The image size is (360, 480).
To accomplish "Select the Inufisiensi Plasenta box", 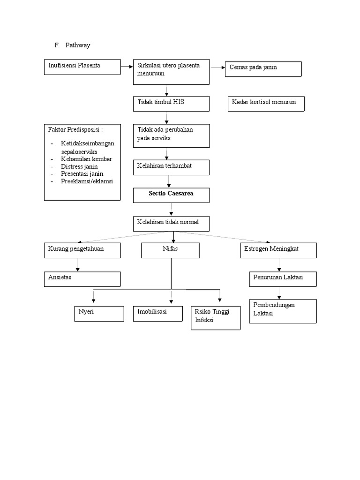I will (82, 67).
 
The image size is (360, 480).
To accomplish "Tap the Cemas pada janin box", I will (263, 68).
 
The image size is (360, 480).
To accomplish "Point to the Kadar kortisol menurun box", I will (265, 104).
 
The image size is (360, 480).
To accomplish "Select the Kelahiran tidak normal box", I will (171, 224).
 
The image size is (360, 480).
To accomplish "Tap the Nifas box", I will (171, 250).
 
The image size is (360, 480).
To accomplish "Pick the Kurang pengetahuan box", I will (82, 250).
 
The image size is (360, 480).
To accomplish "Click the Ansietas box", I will (82, 279).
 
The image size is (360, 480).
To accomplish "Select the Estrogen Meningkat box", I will (278, 250).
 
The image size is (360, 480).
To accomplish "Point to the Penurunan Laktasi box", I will (283, 279).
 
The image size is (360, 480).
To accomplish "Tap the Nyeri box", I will (99, 314).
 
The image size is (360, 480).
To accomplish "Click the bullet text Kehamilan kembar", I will (86, 159).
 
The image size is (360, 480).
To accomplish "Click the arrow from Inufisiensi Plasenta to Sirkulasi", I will (127, 67).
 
